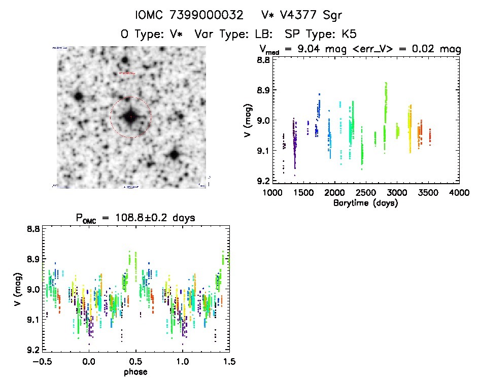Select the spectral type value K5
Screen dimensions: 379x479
[x=348, y=35]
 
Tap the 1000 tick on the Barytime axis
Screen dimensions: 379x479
[x=272, y=193]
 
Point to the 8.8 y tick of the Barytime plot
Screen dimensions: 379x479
[x=262, y=60]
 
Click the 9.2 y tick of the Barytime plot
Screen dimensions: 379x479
[x=262, y=181]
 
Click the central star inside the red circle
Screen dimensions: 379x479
[x=130, y=117]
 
